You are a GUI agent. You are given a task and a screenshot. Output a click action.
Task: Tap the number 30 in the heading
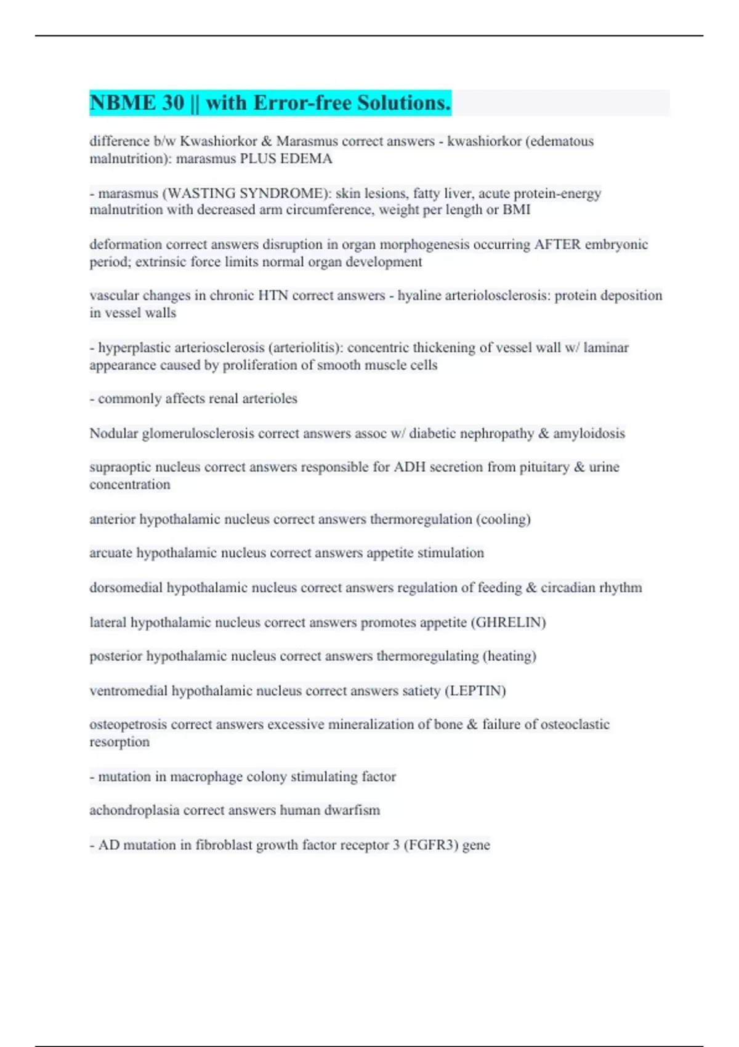point(174,103)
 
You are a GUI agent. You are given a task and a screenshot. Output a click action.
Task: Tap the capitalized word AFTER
point(557,245)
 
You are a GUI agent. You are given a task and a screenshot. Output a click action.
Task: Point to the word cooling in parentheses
point(503,519)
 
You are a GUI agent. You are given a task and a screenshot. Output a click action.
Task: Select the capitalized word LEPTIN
point(475,691)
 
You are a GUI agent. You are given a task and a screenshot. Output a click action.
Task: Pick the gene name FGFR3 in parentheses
point(431,845)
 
